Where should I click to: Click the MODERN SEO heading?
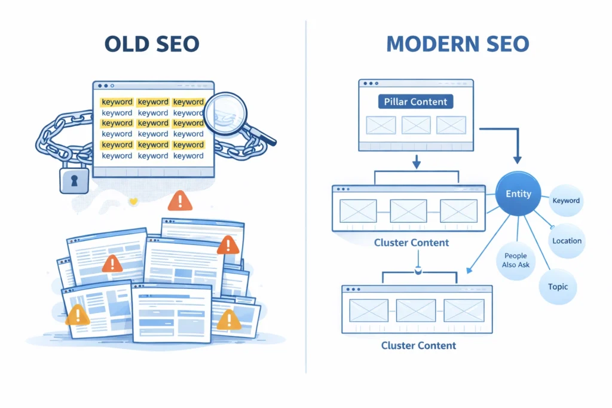point(458,44)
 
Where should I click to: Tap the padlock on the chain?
point(74,179)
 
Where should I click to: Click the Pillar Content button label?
point(415,102)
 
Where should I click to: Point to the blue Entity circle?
point(518,194)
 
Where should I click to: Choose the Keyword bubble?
point(566,201)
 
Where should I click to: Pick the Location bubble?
point(567,241)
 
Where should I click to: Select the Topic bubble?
point(558,287)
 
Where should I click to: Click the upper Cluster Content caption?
point(411,243)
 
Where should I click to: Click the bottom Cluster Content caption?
point(418,345)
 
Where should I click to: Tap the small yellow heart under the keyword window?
point(133,202)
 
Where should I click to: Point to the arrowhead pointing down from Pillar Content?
point(417,163)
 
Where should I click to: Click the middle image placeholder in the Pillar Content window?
point(416,125)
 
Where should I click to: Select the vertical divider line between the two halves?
point(306,197)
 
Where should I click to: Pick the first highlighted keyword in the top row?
point(117,102)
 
